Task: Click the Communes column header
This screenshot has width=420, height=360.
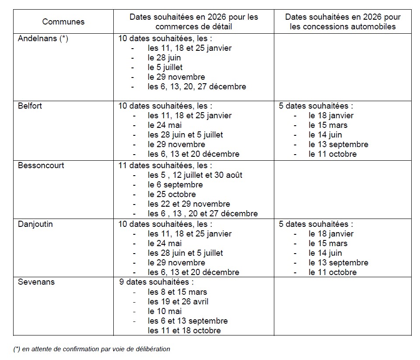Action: (63, 21)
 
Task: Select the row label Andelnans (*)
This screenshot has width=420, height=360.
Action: (43, 39)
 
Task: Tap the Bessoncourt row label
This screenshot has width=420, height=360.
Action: (41, 166)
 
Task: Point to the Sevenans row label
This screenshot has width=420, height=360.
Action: (36, 282)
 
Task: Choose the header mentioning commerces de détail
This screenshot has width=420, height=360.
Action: (193, 21)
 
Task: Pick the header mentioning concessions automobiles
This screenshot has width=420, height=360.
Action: (343, 21)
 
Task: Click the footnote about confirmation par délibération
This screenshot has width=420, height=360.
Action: (91, 349)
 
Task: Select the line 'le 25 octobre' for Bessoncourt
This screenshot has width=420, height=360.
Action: (172, 194)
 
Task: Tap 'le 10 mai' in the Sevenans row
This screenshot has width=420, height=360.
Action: (164, 311)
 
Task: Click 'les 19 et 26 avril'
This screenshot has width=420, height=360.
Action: (178, 302)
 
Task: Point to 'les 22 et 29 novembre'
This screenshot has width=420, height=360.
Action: (189, 204)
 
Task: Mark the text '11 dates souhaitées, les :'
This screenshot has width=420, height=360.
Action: (165, 166)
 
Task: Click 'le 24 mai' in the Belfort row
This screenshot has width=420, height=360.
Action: (164, 125)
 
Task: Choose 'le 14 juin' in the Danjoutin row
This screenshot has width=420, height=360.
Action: (325, 253)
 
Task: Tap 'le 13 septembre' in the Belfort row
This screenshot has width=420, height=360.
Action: (338, 145)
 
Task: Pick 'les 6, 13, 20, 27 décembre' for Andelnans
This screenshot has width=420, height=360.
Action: (197, 87)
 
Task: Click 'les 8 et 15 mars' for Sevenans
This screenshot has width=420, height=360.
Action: (178, 292)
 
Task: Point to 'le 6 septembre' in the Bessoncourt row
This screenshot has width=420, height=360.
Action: (175, 185)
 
